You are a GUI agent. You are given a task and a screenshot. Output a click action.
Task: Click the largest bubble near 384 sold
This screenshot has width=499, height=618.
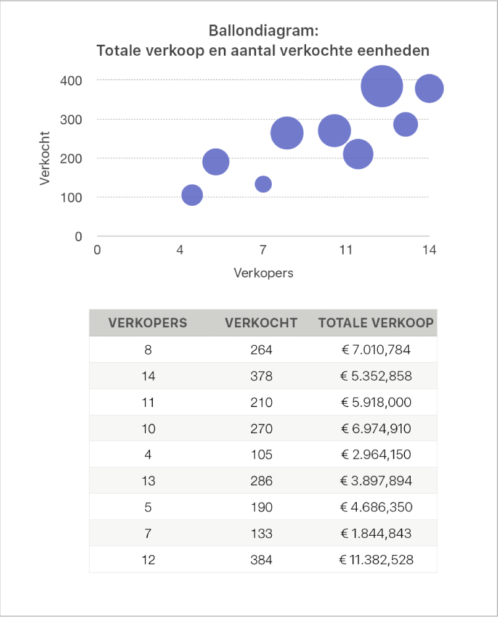[382, 85]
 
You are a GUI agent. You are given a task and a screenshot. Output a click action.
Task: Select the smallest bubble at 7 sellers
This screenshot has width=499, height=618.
[263, 184]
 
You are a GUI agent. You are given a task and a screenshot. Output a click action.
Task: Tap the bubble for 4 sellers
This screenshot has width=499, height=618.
[192, 195]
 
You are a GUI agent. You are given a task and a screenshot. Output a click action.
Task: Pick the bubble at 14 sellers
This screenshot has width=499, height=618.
[429, 89]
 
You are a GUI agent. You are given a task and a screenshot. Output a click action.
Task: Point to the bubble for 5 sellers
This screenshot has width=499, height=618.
[216, 161]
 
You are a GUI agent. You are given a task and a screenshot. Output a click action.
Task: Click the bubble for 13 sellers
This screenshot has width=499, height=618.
[406, 124]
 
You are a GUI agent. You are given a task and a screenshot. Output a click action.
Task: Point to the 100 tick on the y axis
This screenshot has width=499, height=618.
[72, 197]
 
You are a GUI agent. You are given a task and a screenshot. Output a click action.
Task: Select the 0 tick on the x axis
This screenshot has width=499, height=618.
[97, 250]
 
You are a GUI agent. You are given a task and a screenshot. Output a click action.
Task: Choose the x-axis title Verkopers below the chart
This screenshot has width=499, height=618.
[263, 273]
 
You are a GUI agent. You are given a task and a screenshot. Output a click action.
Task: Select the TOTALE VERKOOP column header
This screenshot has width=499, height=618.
[376, 323]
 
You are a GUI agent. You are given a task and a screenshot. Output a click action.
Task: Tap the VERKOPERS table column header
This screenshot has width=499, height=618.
[147, 323]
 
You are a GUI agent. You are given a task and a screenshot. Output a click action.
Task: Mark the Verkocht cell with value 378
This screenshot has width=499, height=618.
[261, 376]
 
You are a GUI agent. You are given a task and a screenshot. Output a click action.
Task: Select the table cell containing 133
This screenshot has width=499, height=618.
[261, 533]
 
